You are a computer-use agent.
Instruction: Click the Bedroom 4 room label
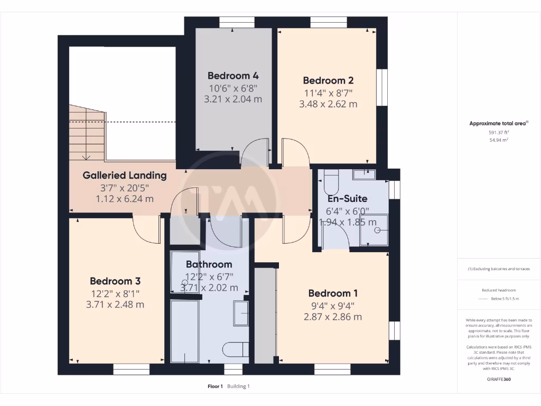[233, 76]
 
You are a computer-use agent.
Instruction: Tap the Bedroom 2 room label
[328, 81]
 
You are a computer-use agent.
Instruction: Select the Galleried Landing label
[125, 176]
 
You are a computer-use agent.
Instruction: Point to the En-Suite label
[347, 199]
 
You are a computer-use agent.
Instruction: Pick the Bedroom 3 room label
[115, 281]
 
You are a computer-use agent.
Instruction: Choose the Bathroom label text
[209, 264]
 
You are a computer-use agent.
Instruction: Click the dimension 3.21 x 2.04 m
[233, 99]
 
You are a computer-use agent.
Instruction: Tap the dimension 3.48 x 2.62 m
[328, 104]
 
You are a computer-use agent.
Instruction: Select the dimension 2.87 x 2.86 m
[332, 317]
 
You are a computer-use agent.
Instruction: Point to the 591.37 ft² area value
[499, 133]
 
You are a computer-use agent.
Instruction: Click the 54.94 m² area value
[499, 140]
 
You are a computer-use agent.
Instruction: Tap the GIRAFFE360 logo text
[499, 379]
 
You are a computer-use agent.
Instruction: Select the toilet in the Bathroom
[236, 349]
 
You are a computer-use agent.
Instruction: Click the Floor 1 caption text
[215, 386]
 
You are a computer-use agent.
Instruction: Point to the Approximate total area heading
[498, 124]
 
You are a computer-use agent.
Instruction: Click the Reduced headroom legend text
[499, 290]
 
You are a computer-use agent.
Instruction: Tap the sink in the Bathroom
[241, 313]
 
